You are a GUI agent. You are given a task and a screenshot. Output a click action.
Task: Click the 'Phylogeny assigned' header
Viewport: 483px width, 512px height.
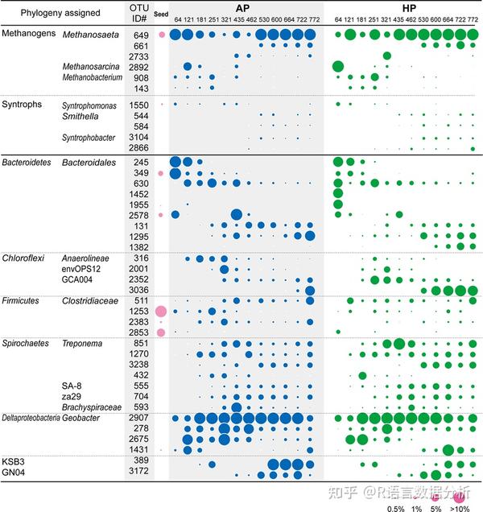pyautogui.click(x=43, y=14)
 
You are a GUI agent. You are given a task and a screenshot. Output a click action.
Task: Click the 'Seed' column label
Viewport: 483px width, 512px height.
pyautogui.click(x=160, y=23)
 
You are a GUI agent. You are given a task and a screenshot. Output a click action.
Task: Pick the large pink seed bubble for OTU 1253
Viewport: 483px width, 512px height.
pyautogui.click(x=160, y=311)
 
